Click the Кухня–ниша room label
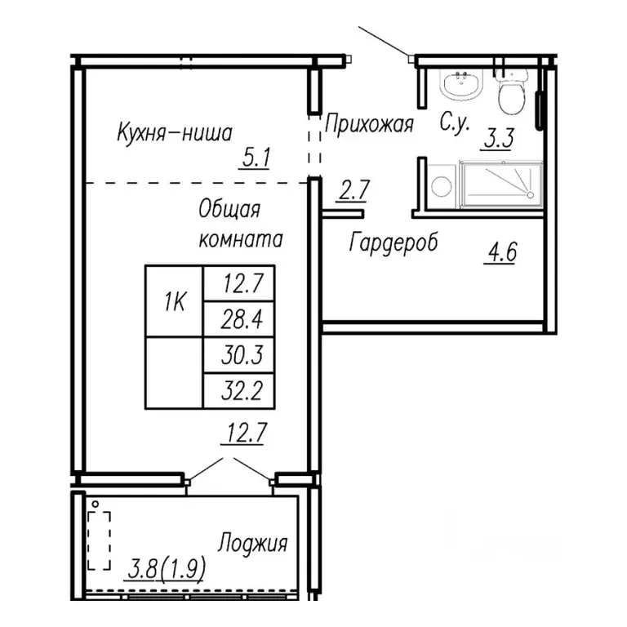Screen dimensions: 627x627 point(175,132)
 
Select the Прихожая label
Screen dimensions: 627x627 point(369,124)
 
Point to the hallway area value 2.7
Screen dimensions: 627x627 point(354,190)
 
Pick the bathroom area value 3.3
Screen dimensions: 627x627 point(498,138)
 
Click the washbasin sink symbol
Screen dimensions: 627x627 point(461,84)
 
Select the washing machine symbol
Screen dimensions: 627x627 point(442,186)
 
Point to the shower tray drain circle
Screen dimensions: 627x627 point(530,195)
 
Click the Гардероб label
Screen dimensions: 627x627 point(394,242)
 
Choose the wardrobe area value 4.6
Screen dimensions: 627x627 point(501,252)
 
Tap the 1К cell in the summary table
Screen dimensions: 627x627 point(175,300)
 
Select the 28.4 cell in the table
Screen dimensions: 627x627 point(239,319)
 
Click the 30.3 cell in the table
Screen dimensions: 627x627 point(239,354)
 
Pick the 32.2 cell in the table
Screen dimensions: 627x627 point(239,391)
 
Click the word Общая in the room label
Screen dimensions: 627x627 point(229,210)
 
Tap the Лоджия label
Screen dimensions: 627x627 point(253,544)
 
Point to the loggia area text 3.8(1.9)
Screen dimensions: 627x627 point(167,568)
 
